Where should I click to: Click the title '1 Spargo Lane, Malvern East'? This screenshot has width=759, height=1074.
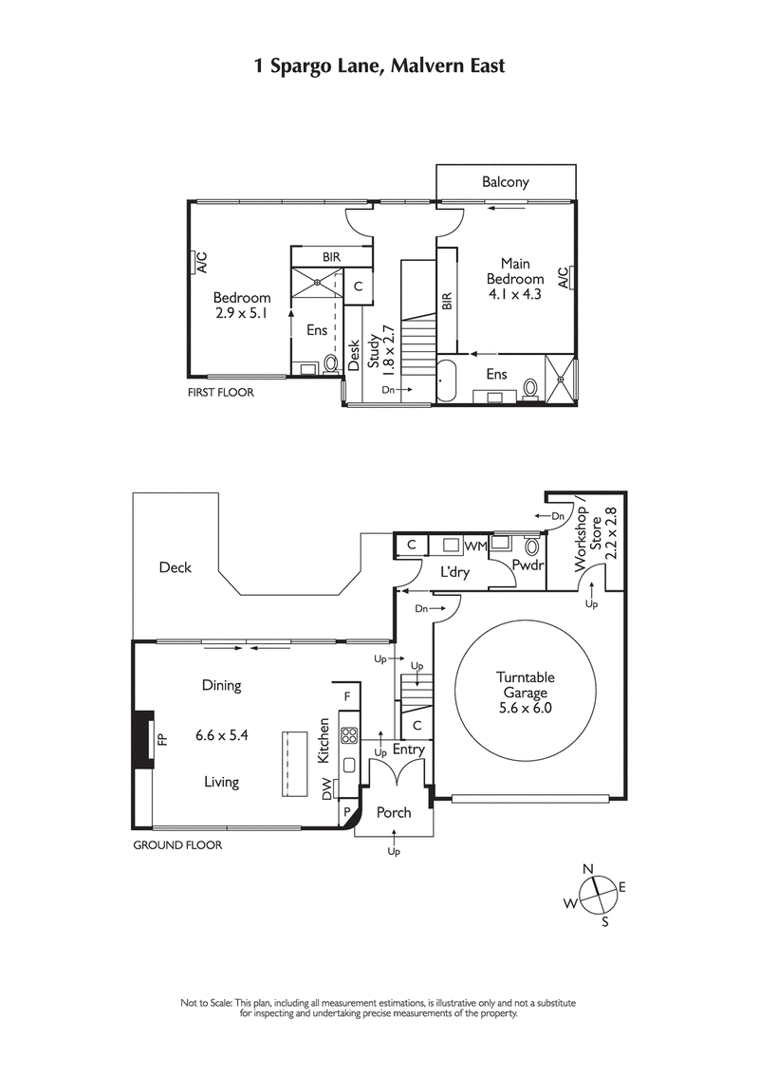[379, 65]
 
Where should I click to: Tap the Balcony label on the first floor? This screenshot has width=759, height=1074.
[505, 182]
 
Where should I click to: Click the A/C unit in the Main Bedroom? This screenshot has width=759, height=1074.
[564, 277]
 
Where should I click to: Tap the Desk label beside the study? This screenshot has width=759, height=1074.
[353, 355]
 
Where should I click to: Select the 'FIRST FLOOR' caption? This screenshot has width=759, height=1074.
[220, 391]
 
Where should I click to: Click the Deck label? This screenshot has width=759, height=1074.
[175, 567]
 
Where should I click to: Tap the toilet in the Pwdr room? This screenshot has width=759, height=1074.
[531, 546]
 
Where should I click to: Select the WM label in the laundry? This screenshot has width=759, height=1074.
[476, 546]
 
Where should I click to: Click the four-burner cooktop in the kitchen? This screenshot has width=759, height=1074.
[348, 734]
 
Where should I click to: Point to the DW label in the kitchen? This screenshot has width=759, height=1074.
[328, 787]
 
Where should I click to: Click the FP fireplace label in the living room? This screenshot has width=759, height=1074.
[161, 738]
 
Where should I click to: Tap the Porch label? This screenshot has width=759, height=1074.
[394, 812]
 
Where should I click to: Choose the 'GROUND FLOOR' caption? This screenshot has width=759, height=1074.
[177, 844]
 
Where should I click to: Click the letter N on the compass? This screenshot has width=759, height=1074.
[588, 868]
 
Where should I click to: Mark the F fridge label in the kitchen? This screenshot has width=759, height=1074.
[347, 696]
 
